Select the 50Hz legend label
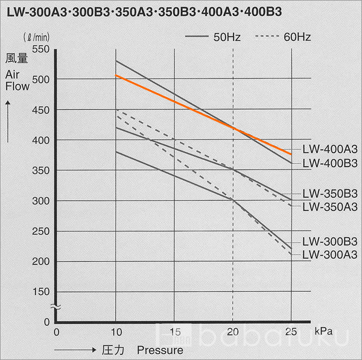pos(227,37)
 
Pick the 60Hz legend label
pos(297,37)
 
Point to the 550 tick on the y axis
pos(40,49)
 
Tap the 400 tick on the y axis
pos(40,140)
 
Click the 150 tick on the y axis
pos(40,292)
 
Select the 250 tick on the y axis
pos(40,231)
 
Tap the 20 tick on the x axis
pos(232,332)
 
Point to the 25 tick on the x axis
pos(291,332)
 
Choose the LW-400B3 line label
pos(330,163)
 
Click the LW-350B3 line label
pos(330,194)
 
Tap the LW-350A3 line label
pos(330,207)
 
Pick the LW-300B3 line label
pos(330,241)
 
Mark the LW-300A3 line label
pos(330,254)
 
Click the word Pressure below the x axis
pos(159,350)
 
